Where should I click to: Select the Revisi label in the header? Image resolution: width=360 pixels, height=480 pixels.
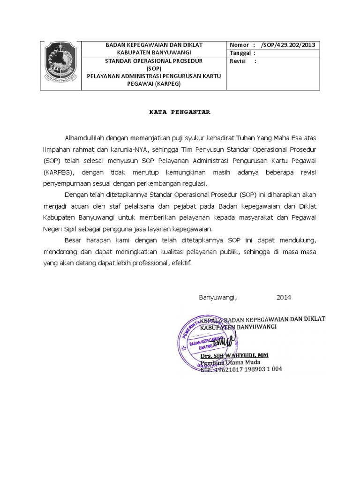click(x=238, y=61)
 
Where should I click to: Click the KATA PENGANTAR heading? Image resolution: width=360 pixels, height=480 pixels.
click(x=180, y=112)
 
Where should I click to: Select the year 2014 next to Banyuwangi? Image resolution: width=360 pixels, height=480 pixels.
click(x=284, y=297)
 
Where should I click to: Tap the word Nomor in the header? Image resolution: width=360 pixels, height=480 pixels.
click(x=239, y=45)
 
